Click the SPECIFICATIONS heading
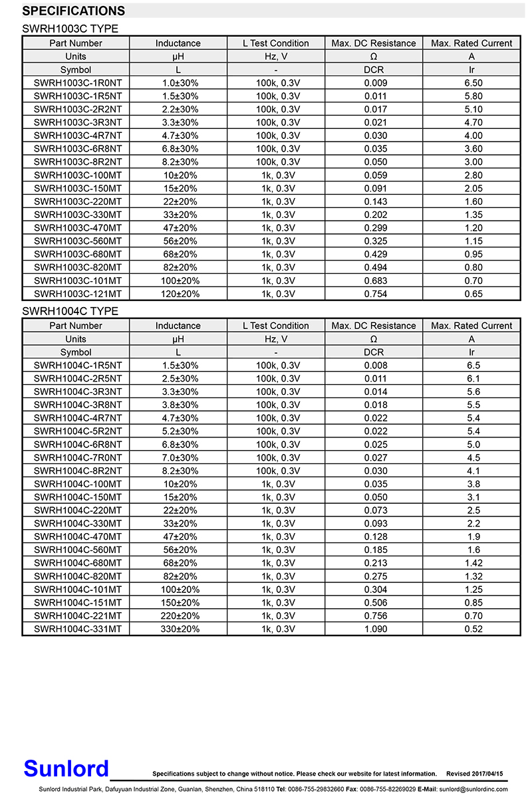coord(74,11)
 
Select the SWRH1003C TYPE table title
coord(70,29)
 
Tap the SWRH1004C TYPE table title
coord(70,311)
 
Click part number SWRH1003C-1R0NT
coord(77,83)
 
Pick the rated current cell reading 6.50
coord(473,83)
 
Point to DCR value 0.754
coord(375,294)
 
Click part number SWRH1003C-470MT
coord(77,228)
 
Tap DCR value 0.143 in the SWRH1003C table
coord(375,201)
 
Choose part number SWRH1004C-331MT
coord(77,629)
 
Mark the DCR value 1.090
coord(375,629)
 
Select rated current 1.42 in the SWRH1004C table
coord(473,563)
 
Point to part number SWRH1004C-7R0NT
coord(77,457)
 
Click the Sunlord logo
coord(66,769)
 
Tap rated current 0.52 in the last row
coord(473,629)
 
